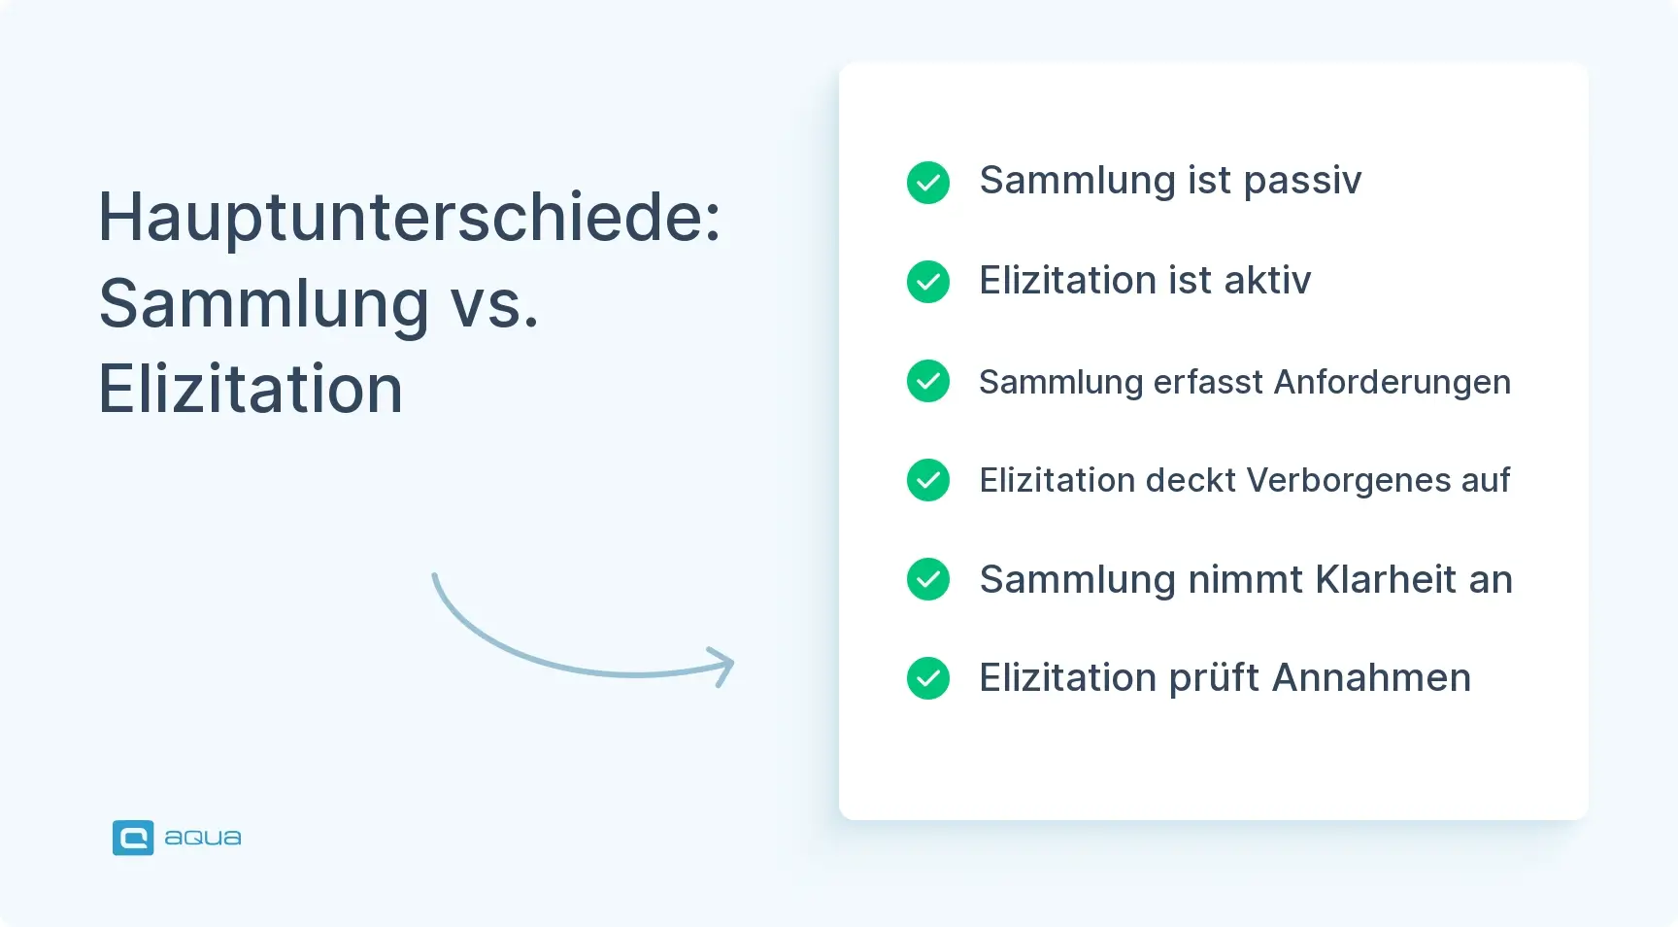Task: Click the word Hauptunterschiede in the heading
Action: pyautogui.click(x=409, y=218)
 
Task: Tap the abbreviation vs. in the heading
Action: pyautogui.click(x=494, y=304)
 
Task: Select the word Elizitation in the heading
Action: pyautogui.click(x=251, y=390)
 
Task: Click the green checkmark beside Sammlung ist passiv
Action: pyautogui.click(x=928, y=183)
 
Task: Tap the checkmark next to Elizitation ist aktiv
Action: pyautogui.click(x=928, y=282)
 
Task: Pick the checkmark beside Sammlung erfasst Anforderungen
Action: pyautogui.click(x=928, y=381)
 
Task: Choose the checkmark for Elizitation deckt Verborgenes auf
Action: pyautogui.click(x=928, y=480)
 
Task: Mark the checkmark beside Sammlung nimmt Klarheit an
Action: pyautogui.click(x=928, y=579)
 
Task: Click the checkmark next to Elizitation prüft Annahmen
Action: pyautogui.click(x=928, y=678)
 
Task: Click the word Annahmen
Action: pyautogui.click(x=1371, y=678)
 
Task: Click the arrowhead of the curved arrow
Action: pyautogui.click(x=722, y=666)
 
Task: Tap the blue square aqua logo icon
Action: pyautogui.click(x=133, y=838)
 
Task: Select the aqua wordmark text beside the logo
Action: pyautogui.click(x=203, y=838)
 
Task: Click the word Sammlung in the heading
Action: pyautogui.click(x=264, y=304)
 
